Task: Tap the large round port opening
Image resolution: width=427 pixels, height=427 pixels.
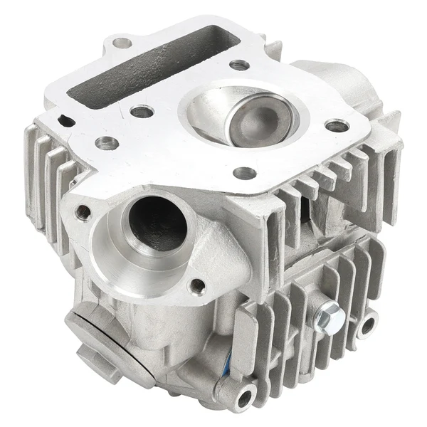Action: coord(159,221)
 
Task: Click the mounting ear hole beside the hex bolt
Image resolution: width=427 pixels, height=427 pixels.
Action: coord(369,326)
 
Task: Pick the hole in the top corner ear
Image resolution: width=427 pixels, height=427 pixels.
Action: coord(123,43)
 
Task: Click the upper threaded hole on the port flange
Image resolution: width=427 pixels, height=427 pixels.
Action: coord(84,211)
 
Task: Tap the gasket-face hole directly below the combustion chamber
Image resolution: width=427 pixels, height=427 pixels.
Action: coord(244,173)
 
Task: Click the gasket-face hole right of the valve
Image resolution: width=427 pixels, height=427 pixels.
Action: coord(337,127)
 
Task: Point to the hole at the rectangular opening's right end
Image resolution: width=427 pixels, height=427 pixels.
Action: coord(240,65)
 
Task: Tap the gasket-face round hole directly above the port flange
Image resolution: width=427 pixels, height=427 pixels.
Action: coord(107,142)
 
